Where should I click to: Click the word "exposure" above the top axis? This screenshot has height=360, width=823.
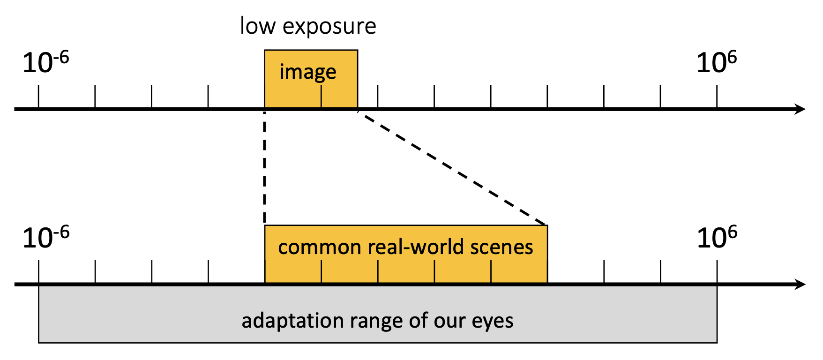[x=329, y=27]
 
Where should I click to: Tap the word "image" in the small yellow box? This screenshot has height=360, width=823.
[x=308, y=72]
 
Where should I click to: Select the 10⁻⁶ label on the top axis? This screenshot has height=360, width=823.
[x=45, y=62]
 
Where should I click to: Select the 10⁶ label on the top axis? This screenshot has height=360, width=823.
[x=716, y=62]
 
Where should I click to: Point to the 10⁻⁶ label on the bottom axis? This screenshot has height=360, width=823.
[x=45, y=237]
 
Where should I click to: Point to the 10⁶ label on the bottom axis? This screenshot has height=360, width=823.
[x=717, y=237]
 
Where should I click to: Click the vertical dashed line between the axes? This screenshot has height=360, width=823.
[x=265, y=169]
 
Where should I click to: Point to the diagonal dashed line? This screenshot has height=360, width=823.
[x=452, y=167]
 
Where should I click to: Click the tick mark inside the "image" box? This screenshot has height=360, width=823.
[x=321, y=97]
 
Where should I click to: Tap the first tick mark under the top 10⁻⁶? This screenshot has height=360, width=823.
[x=38, y=97]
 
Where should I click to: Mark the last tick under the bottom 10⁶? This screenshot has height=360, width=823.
[x=717, y=272]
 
